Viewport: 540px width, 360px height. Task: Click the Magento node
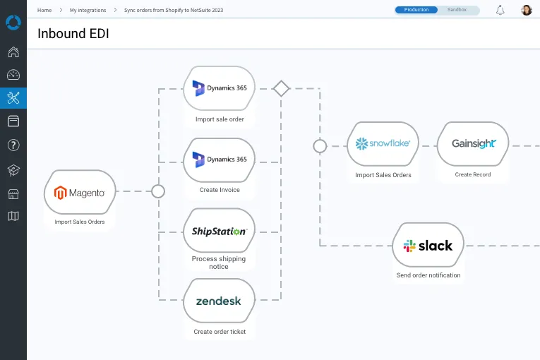pyautogui.click(x=80, y=192)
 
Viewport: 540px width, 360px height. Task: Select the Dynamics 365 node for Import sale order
pyautogui.click(x=219, y=88)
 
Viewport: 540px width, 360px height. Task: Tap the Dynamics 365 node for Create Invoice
pyautogui.click(x=219, y=160)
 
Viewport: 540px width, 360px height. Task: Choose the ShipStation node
pyautogui.click(x=219, y=231)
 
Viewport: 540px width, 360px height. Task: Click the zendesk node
pyautogui.click(x=219, y=301)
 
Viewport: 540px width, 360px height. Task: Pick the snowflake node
pyautogui.click(x=383, y=144)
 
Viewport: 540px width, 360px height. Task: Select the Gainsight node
pyautogui.click(x=473, y=144)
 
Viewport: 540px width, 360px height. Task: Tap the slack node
pyautogui.click(x=428, y=246)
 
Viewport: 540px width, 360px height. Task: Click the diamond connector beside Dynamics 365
pyautogui.click(x=281, y=89)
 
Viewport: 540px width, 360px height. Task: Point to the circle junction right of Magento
pyautogui.click(x=158, y=191)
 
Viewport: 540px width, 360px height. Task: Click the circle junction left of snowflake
pyautogui.click(x=320, y=146)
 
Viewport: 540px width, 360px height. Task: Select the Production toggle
pyautogui.click(x=416, y=10)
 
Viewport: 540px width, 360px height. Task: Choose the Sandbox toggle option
pyautogui.click(x=457, y=10)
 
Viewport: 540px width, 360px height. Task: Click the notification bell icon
pyautogui.click(x=500, y=10)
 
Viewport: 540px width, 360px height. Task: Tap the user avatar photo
pyautogui.click(x=527, y=10)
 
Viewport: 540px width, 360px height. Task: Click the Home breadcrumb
pyautogui.click(x=44, y=11)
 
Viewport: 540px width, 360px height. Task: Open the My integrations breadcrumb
pyautogui.click(x=88, y=11)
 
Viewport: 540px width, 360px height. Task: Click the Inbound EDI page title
pyautogui.click(x=73, y=33)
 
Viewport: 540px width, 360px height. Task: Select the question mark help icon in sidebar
pyautogui.click(x=13, y=145)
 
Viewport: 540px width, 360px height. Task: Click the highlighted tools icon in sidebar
pyautogui.click(x=13, y=98)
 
